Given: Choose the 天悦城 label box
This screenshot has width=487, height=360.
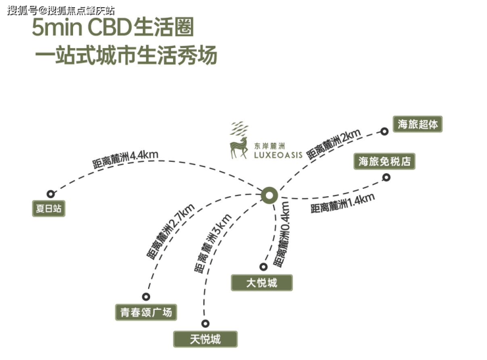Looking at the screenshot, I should [205, 339].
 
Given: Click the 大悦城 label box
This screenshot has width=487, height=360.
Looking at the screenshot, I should [261, 283].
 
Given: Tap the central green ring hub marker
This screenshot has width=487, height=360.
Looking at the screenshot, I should [269, 195].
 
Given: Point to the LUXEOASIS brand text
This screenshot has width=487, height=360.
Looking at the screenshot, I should [278, 155].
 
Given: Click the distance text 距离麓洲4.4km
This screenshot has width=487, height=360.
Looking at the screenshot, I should [125, 160].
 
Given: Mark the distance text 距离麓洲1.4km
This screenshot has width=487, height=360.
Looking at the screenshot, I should [342, 203].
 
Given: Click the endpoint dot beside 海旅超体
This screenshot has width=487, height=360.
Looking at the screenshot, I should [384, 132].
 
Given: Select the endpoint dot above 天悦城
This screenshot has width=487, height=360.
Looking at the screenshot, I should [205, 323].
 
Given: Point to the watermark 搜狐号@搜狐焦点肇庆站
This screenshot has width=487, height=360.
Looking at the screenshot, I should [61, 10].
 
